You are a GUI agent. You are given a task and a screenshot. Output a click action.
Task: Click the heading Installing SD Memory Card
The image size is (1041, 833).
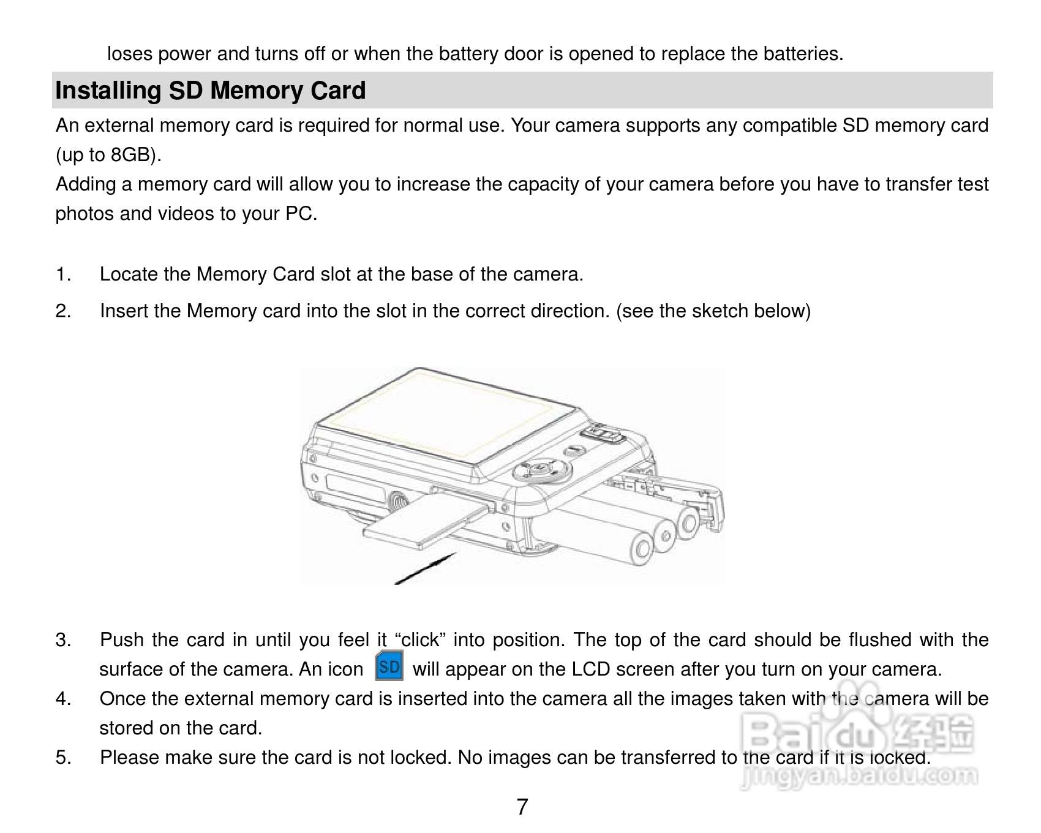[210, 91]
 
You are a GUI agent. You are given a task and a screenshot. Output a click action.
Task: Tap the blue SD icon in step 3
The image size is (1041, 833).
[389, 666]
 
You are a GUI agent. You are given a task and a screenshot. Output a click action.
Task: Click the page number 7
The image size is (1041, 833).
[522, 807]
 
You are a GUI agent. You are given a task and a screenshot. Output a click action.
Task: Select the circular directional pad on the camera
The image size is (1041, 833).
[542, 470]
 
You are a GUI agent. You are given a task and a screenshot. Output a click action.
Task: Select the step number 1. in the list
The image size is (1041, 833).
[63, 274]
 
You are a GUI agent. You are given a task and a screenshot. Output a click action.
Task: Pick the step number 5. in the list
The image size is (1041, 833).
[63, 758]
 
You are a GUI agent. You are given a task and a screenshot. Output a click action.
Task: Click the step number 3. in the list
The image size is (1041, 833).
[63, 640]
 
